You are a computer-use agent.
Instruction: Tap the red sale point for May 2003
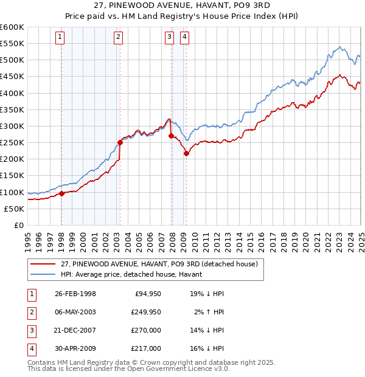coord(120,143)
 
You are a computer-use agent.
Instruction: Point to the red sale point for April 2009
coord(186,153)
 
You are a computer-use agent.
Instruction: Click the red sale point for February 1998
coord(61,194)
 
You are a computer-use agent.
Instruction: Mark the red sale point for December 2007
coord(171,136)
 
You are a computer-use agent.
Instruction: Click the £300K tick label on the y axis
coord(12,126)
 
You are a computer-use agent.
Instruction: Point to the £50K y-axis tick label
coord(14,209)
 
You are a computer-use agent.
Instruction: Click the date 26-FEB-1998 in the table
coord(75,294)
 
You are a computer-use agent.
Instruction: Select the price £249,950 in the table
coord(145,312)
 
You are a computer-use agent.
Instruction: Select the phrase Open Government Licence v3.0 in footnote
coord(177,368)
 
